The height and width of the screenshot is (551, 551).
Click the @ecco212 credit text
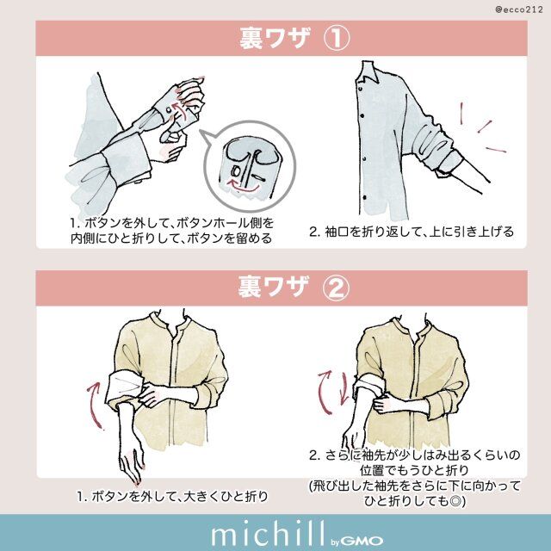point(517,9)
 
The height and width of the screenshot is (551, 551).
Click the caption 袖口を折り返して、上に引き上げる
point(411,232)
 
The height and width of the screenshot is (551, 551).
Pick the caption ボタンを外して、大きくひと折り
point(172,496)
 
